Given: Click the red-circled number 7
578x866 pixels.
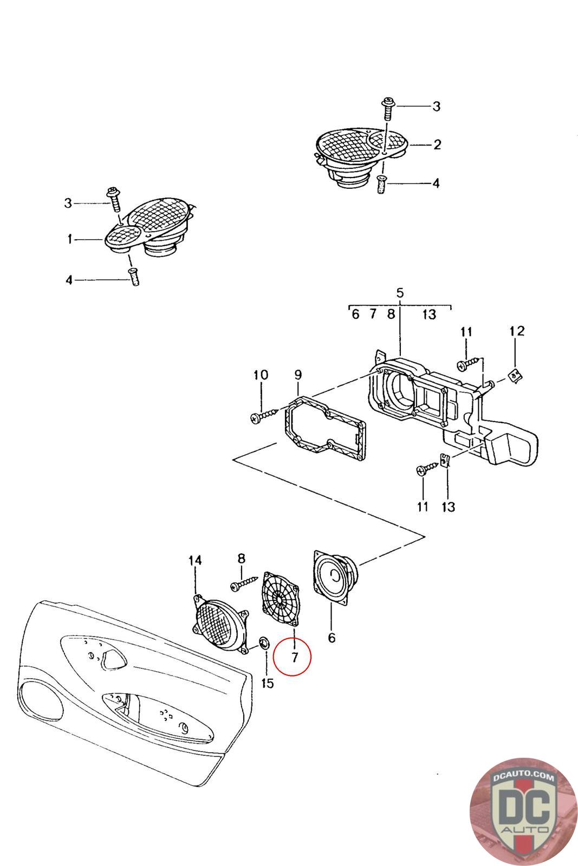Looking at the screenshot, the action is pyautogui.click(x=294, y=657).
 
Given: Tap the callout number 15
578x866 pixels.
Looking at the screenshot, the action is pyautogui.click(x=267, y=683).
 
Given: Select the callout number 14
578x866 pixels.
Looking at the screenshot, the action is pyautogui.click(x=195, y=560).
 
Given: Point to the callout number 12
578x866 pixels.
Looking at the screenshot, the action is pyautogui.click(x=517, y=331).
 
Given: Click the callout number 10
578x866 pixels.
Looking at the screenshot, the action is pyautogui.click(x=261, y=375).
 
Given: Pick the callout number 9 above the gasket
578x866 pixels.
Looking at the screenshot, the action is pyautogui.click(x=298, y=375).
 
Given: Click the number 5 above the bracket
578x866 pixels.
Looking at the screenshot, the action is pyautogui.click(x=400, y=293).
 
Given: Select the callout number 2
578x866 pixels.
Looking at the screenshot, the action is pyautogui.click(x=437, y=145).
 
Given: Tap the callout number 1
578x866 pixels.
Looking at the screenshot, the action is pyautogui.click(x=70, y=239).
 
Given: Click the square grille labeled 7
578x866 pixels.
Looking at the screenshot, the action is pyautogui.click(x=281, y=599).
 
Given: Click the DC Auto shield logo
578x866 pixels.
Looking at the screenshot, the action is pyautogui.click(x=524, y=812).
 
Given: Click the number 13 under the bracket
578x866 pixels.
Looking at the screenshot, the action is pyautogui.click(x=448, y=507).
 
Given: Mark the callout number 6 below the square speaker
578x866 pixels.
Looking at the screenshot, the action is pyautogui.click(x=332, y=638).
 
